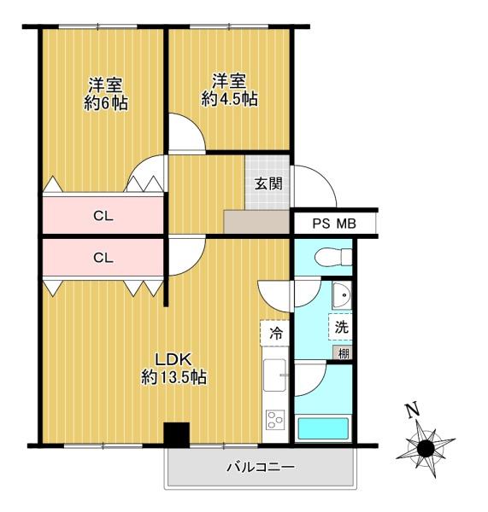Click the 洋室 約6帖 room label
[105, 95]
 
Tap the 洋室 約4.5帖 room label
[229, 90]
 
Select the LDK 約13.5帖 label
[173, 369]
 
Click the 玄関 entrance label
[268, 183]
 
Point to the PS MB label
[334, 224]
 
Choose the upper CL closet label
[103, 216]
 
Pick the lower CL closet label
[103, 258]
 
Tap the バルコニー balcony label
[261, 467]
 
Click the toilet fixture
[333, 257]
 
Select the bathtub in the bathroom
[323, 428]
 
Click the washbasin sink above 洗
[342, 295]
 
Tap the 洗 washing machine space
[341, 327]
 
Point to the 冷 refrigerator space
[275, 334]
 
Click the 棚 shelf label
[343, 353]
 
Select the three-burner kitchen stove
[275, 420]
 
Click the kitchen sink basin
[274, 375]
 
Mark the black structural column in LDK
[177, 434]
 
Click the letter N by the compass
[412, 410]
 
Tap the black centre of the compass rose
[426, 448]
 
